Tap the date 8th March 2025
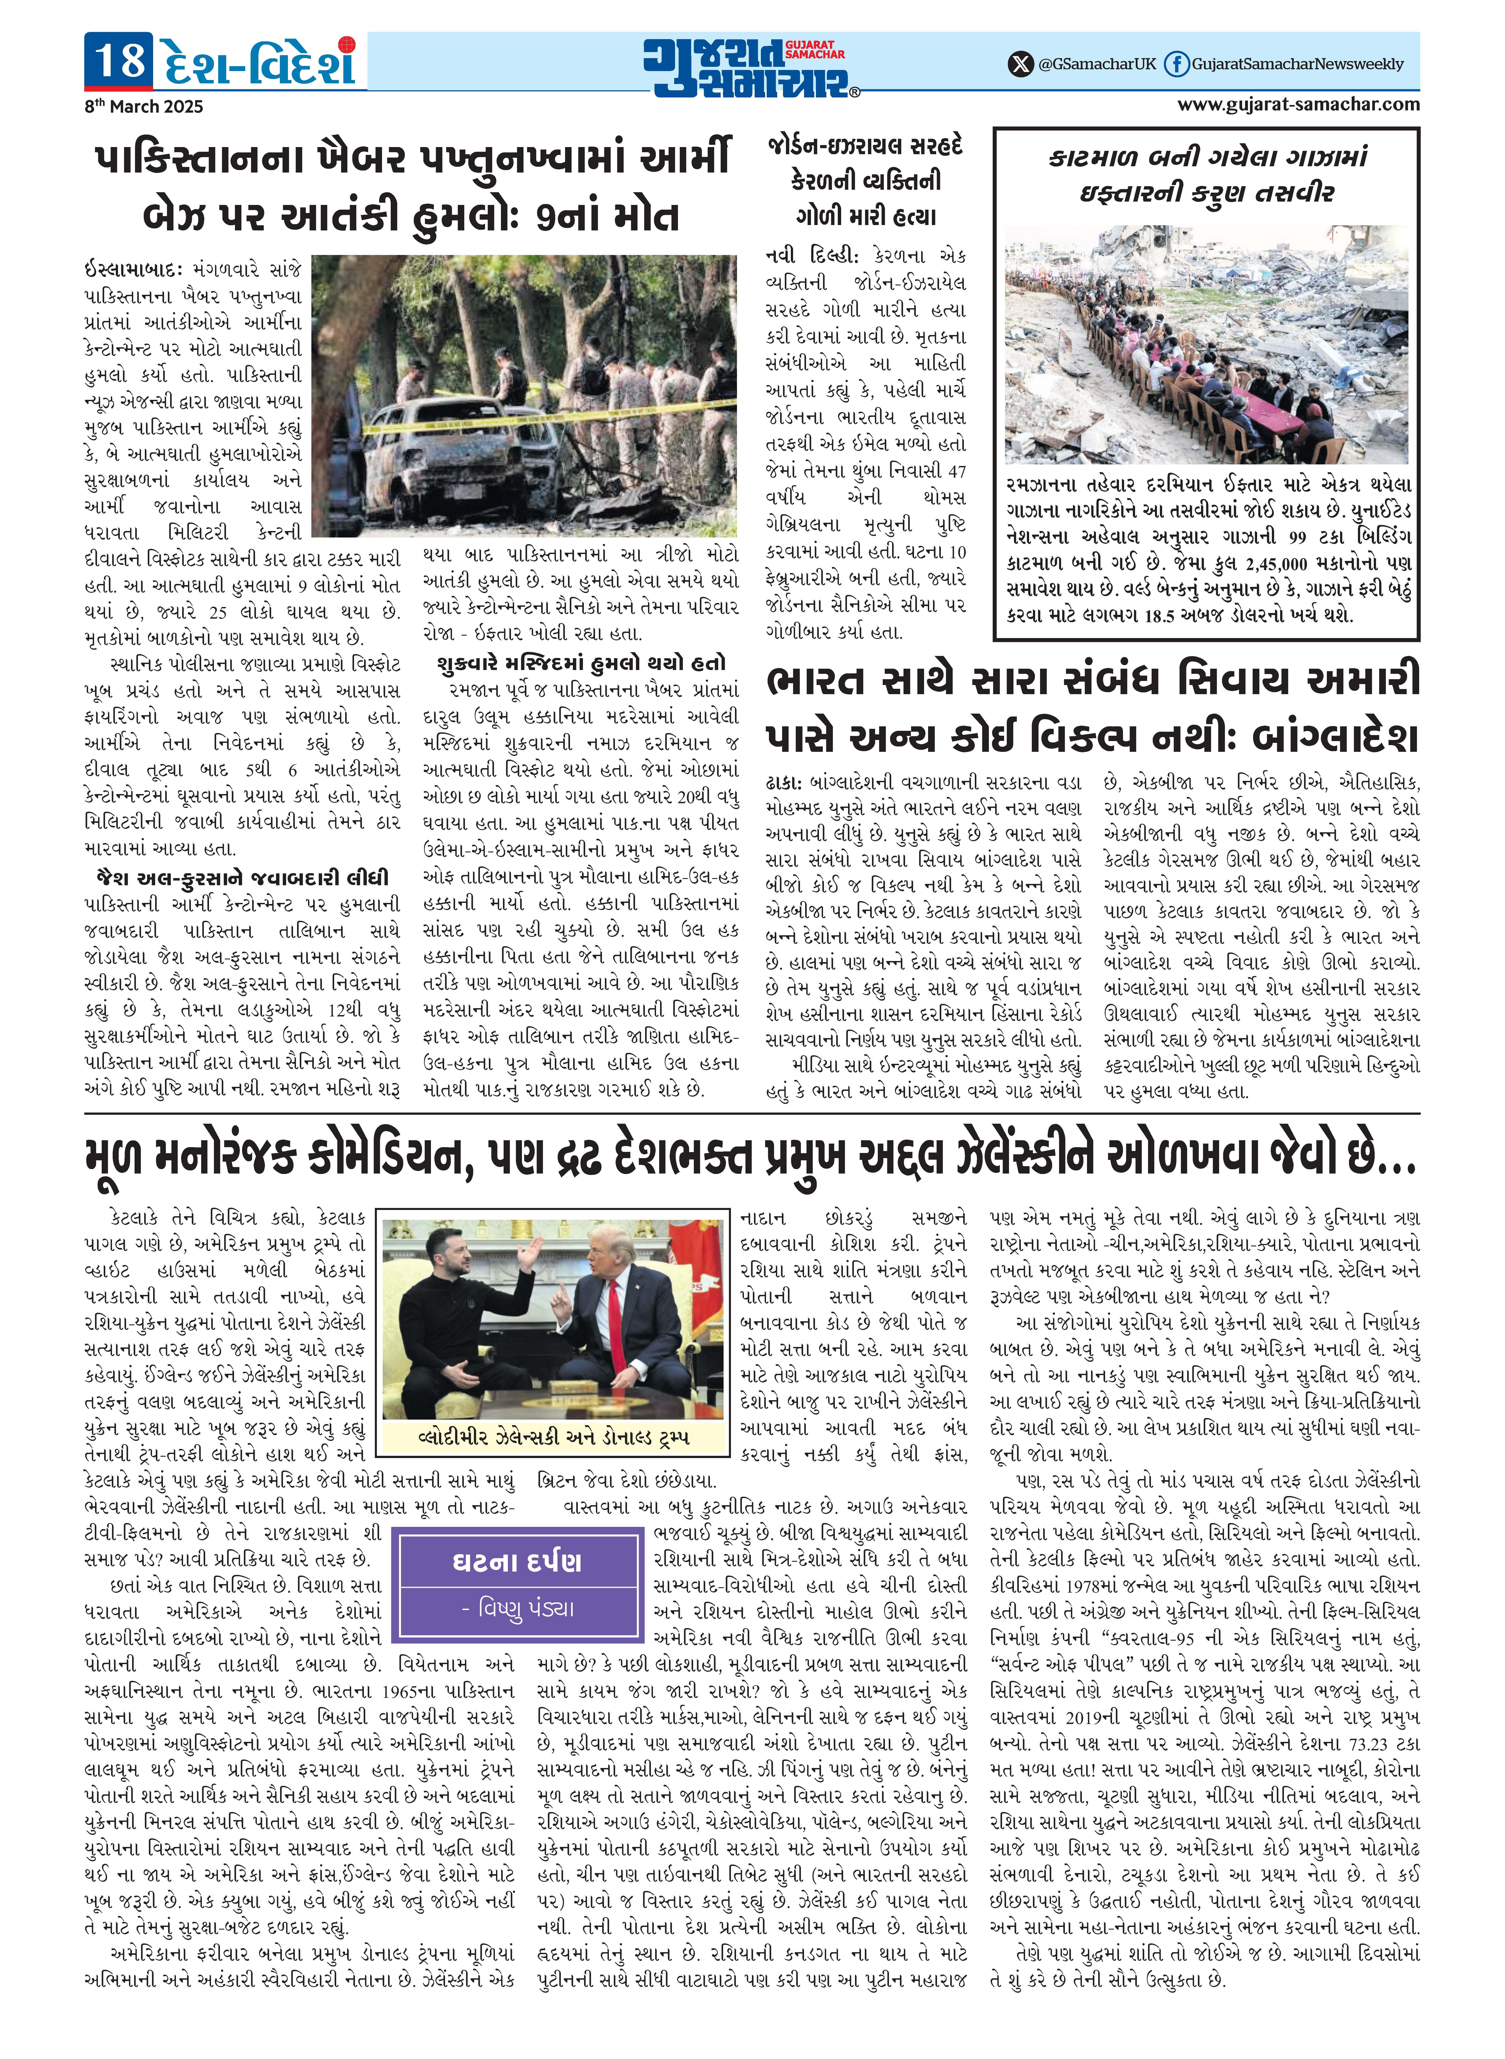click(143, 107)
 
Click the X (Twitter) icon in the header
click(1020, 64)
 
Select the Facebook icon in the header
click(1177, 64)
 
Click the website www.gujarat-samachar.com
click(1297, 104)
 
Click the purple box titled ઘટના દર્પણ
click(517, 1585)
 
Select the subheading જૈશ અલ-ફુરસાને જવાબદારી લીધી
click(242, 878)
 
